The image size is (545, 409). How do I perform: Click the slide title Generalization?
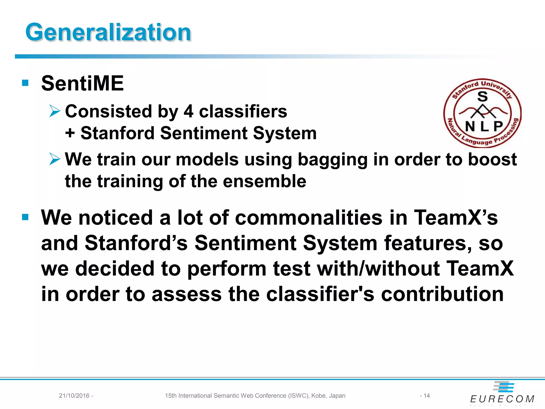point(108,32)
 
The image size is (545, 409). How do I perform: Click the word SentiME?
point(82,83)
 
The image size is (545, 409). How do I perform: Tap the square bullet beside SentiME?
point(25,83)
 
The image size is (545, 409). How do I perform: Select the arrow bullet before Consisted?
point(55,111)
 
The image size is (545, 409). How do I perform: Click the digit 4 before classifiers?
point(188,111)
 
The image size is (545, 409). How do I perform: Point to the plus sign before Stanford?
point(70,133)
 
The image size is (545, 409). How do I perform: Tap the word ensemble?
point(265,181)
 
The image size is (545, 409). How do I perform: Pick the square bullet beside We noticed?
point(25,217)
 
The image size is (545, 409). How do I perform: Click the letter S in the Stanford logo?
point(482,97)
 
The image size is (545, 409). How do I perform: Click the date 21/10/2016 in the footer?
point(74,396)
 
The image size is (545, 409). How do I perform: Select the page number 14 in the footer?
point(427,396)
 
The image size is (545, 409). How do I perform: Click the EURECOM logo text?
point(502,399)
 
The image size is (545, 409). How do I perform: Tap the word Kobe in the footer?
point(318,396)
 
